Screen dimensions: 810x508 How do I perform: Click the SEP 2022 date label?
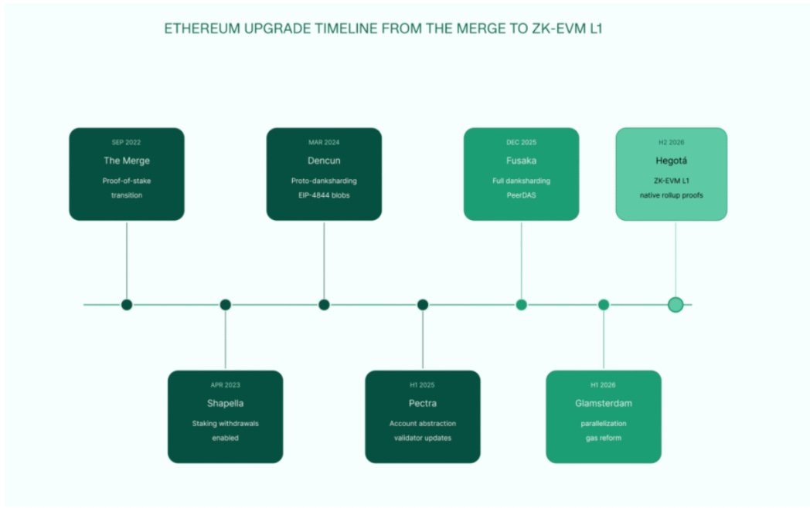pyautogui.click(x=126, y=143)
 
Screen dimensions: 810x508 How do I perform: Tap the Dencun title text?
pyautogui.click(x=324, y=161)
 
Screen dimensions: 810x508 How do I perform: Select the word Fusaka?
pyautogui.click(x=521, y=161)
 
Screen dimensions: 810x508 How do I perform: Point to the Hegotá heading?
pyautogui.click(x=671, y=161)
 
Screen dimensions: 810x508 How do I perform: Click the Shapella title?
pyautogui.click(x=225, y=403)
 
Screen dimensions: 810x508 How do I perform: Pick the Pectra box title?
pyautogui.click(x=423, y=403)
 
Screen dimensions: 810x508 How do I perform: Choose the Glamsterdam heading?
pyautogui.click(x=604, y=403)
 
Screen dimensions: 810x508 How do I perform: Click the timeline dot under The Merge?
pyautogui.click(x=127, y=305)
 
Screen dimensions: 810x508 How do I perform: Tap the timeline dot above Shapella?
pyautogui.click(x=225, y=305)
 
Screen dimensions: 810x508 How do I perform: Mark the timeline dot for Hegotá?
pyautogui.click(x=676, y=305)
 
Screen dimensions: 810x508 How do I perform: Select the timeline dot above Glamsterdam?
pyautogui.click(x=604, y=305)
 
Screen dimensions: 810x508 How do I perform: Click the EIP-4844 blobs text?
pyautogui.click(x=324, y=195)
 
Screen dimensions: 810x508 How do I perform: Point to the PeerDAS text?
pyautogui.click(x=521, y=195)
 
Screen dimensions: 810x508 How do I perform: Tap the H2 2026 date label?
pyautogui.click(x=671, y=143)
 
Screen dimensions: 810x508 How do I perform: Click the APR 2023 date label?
pyautogui.click(x=225, y=385)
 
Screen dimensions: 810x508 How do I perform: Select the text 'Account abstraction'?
pyautogui.click(x=423, y=423)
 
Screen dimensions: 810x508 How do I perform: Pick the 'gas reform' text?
pyautogui.click(x=604, y=438)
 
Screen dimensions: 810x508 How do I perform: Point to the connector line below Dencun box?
pyautogui.click(x=324, y=260)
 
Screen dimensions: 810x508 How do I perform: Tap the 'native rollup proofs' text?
pyautogui.click(x=671, y=195)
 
